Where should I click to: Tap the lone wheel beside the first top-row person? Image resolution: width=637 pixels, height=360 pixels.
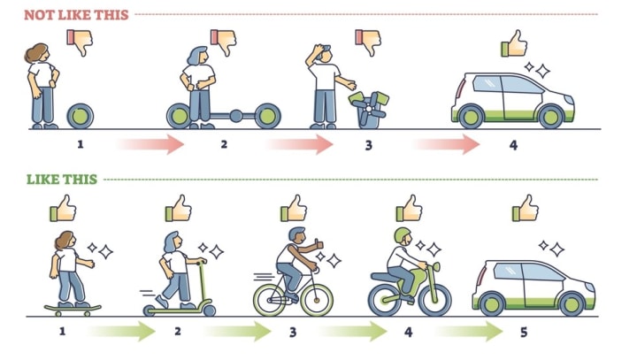point(81,115)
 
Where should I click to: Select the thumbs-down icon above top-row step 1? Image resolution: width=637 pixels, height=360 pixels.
point(81,41)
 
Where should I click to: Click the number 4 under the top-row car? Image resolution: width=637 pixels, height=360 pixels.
point(512,143)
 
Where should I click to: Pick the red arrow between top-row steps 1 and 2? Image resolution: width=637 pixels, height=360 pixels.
point(150,143)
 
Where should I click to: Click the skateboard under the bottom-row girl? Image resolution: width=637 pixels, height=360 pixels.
point(73,309)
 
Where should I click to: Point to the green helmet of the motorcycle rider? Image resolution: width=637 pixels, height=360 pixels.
point(403,237)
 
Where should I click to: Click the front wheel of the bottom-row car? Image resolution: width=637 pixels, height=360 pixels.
point(573,303)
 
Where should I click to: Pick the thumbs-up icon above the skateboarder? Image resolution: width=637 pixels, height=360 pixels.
point(62,209)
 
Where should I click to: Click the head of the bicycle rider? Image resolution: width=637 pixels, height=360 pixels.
point(297,236)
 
